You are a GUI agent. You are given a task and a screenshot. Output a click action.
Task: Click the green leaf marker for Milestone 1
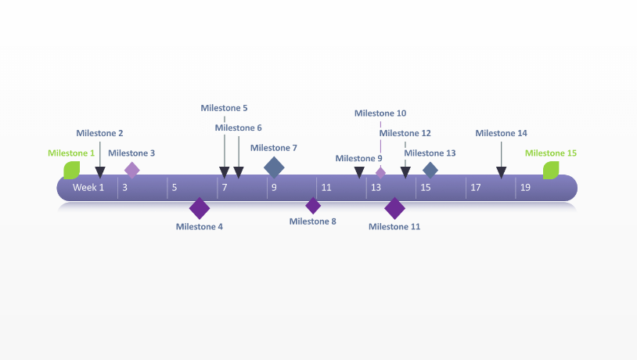pos(72,170)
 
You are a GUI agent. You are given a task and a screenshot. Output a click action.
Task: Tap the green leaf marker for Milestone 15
pos(551,170)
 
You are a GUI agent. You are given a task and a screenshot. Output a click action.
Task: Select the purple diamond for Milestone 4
pos(200,208)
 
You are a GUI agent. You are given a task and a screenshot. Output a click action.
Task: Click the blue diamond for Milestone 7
pos(274,167)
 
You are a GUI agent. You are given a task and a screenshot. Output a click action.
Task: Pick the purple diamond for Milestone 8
pos(313,206)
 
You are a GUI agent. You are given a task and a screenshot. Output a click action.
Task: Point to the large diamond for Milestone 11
pos(395,208)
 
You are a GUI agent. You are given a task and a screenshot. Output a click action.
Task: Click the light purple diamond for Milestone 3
pos(132,169)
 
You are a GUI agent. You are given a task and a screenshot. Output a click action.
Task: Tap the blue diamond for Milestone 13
pos(430,170)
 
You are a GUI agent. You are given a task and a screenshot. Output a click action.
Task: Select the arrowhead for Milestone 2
pos(99,172)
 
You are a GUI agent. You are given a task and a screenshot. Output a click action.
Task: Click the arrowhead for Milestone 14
pos(502,172)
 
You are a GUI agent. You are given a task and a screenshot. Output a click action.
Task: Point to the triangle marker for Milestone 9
pos(359,172)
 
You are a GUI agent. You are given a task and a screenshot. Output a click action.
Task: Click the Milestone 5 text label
pos(224,108)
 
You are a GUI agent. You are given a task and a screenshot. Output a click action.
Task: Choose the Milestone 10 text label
pos(380,113)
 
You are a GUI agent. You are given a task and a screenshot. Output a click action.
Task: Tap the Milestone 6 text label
pos(238,128)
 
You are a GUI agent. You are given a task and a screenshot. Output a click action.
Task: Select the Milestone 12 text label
pos(405,133)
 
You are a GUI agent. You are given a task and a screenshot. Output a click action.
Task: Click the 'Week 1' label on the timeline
pos(88,188)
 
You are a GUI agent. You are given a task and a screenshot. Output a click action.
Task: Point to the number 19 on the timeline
pos(526,188)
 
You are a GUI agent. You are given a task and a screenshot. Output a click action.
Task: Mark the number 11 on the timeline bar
pos(326,188)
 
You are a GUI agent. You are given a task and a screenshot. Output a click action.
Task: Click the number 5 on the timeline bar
pos(174,188)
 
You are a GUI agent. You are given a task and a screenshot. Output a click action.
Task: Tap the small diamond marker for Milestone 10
pos(381,172)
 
